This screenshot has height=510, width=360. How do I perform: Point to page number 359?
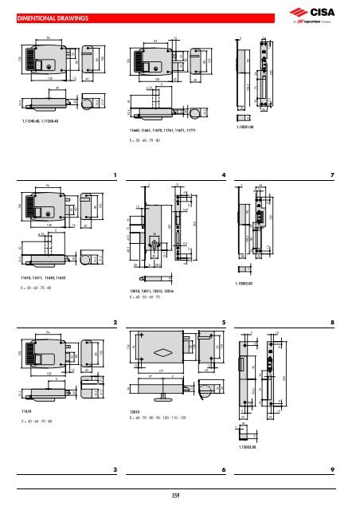(179, 497)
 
